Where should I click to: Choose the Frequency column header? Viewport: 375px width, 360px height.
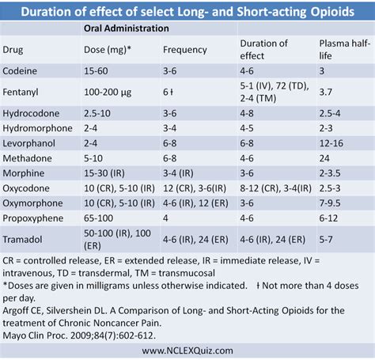184,49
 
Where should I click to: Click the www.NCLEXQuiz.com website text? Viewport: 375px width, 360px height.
187,350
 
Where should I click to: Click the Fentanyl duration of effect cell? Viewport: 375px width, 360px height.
274,92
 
